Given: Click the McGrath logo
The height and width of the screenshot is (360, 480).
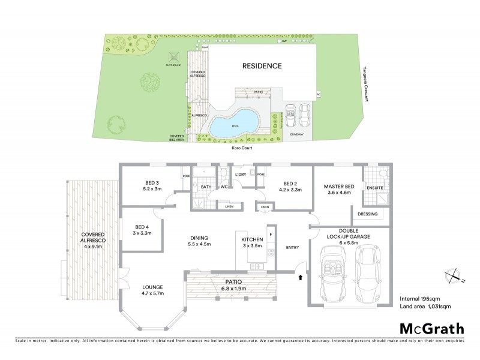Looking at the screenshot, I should [431, 328].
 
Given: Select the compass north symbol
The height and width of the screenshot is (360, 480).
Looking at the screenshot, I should [452, 275].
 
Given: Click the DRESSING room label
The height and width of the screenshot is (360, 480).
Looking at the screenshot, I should [367, 214].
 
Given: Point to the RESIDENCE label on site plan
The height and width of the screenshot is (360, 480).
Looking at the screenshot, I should [262, 65].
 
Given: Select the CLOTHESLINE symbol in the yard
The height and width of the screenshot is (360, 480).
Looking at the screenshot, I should [174, 58].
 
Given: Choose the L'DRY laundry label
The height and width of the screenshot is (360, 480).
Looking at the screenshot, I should [241, 175].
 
